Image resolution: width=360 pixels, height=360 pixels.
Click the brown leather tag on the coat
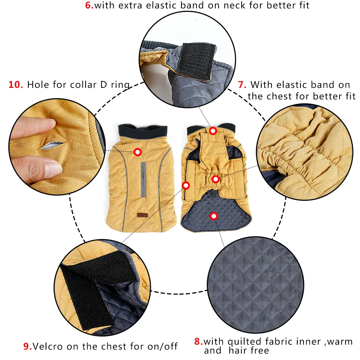[x=141, y=216]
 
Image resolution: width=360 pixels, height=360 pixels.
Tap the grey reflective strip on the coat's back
[x=143, y=180]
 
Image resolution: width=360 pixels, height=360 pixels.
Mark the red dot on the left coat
[x=137, y=152]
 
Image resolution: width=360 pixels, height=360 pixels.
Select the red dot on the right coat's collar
[x=213, y=131]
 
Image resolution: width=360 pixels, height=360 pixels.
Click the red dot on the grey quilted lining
[x=214, y=216]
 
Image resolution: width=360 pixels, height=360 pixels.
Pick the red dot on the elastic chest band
[x=215, y=179]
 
